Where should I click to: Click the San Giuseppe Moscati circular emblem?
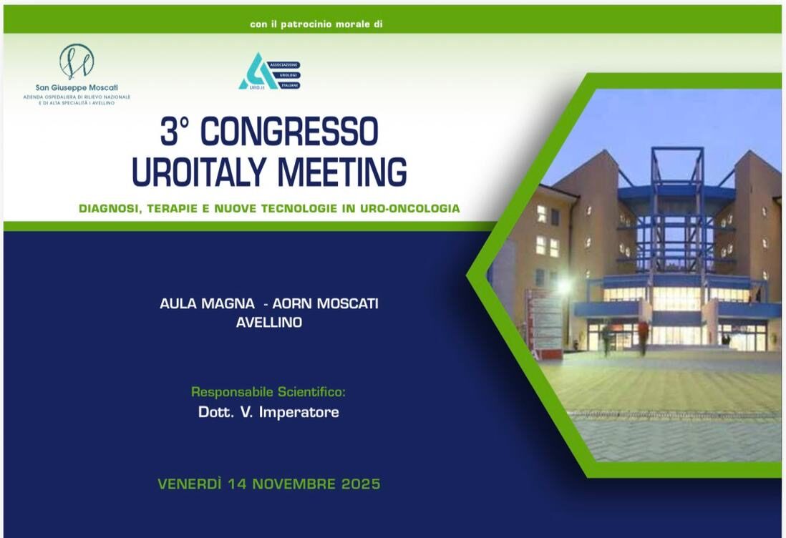(x=77, y=62)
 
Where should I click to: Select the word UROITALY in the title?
(x=200, y=172)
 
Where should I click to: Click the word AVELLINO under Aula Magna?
(x=269, y=323)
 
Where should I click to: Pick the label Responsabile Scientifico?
(x=268, y=392)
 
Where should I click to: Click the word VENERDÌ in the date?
(x=189, y=484)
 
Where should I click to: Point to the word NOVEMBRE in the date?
(x=286, y=484)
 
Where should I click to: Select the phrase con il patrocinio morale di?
(x=316, y=24)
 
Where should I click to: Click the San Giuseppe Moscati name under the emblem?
(x=77, y=88)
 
